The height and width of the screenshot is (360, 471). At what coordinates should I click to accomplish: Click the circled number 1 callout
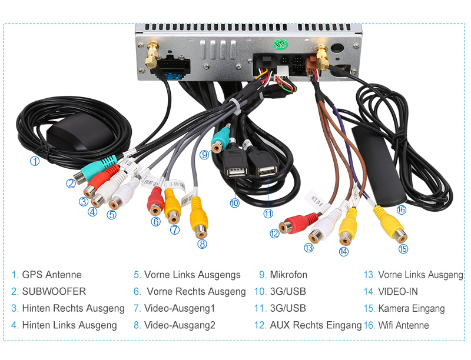tap(35, 161)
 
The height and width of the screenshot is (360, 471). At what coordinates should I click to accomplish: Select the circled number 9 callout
tap(204, 155)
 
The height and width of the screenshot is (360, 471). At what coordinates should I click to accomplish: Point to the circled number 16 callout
tap(401, 209)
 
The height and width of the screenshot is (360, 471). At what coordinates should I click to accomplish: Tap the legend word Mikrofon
tap(288, 275)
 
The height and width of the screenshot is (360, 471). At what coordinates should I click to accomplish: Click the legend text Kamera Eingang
tap(412, 308)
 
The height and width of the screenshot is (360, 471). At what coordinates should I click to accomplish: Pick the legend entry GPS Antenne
tap(51, 275)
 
